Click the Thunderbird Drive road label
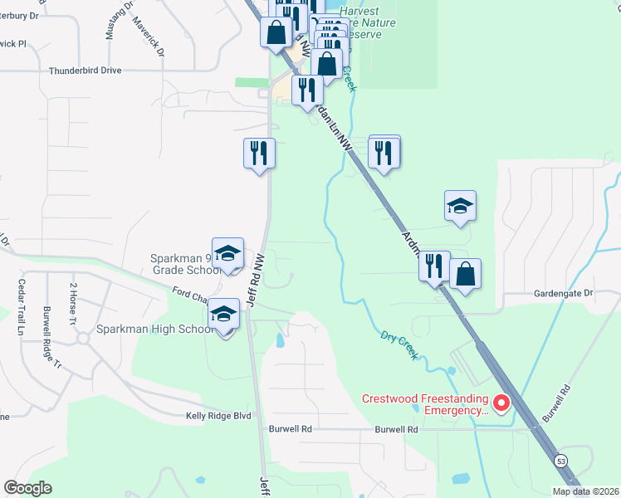click(85, 71)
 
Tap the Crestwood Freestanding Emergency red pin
click(501, 404)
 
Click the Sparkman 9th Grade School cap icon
click(227, 254)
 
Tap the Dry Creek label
click(399, 344)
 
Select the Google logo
click(27, 488)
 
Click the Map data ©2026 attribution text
click(585, 491)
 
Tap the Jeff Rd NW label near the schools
click(255, 279)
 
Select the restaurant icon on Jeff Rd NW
click(259, 153)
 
